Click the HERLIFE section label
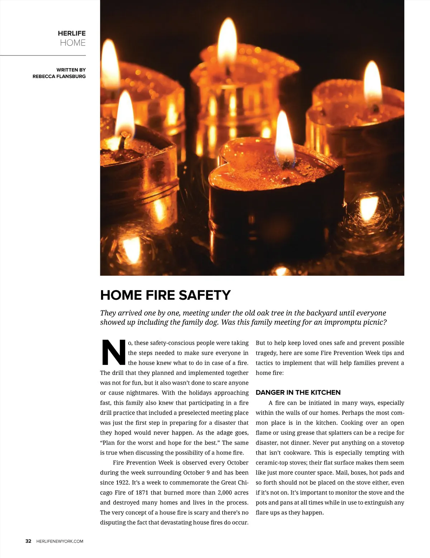(x=72, y=33)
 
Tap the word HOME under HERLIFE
(x=73, y=43)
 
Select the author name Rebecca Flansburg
(x=59, y=76)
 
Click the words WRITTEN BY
(x=71, y=70)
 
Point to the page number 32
(x=28, y=541)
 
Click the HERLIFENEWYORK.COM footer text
(x=60, y=541)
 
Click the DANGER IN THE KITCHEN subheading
(x=298, y=393)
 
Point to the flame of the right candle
(x=373, y=82)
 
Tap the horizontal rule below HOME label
(x=43, y=56)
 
